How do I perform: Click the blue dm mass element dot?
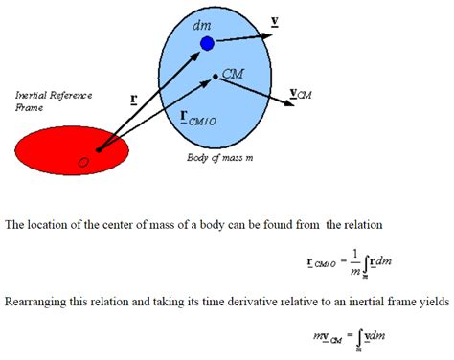point(207,44)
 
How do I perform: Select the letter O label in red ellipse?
point(84,163)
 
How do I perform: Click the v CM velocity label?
point(300,95)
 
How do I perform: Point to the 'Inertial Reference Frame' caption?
point(45,101)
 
